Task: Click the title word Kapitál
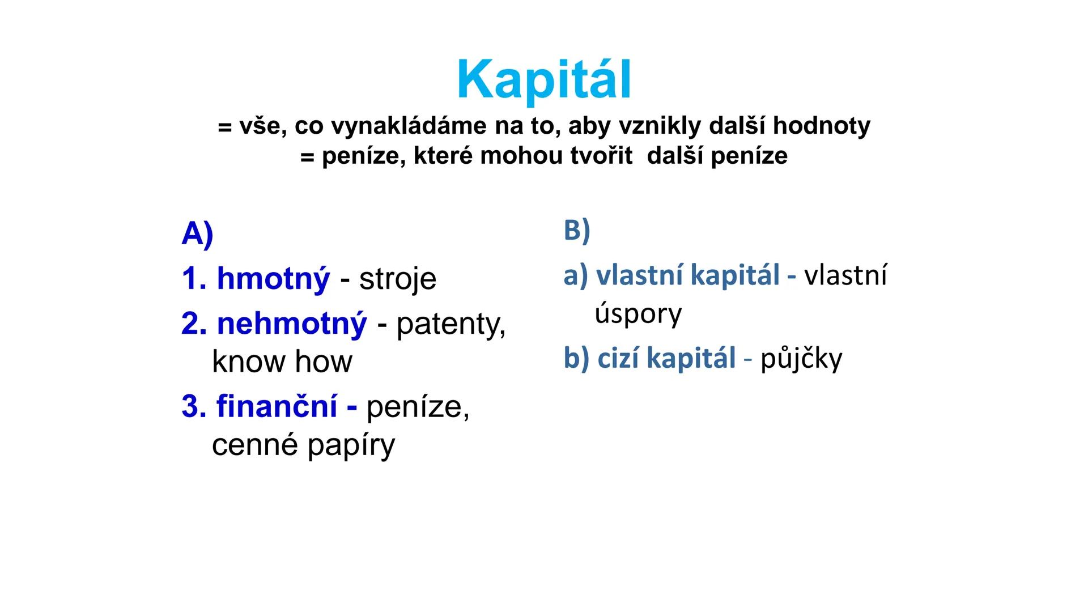point(543,81)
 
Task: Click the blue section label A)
point(197,234)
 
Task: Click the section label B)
point(577,231)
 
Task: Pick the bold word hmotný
point(273,279)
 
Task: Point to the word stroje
point(398,279)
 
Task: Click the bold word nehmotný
point(291,324)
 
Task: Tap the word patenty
point(450,324)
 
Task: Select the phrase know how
point(282,362)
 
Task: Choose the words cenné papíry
point(303,445)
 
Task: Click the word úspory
point(638,314)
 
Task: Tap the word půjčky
point(801,359)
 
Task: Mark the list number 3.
point(190,407)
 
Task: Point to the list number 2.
point(190,324)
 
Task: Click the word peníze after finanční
point(417,407)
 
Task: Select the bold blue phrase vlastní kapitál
point(688,276)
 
